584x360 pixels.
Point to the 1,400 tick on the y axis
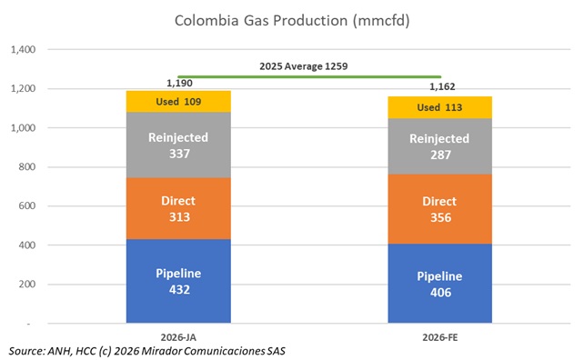[x=20, y=50]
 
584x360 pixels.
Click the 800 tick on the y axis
[x=25, y=167]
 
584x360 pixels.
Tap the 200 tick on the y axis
[x=25, y=285]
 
